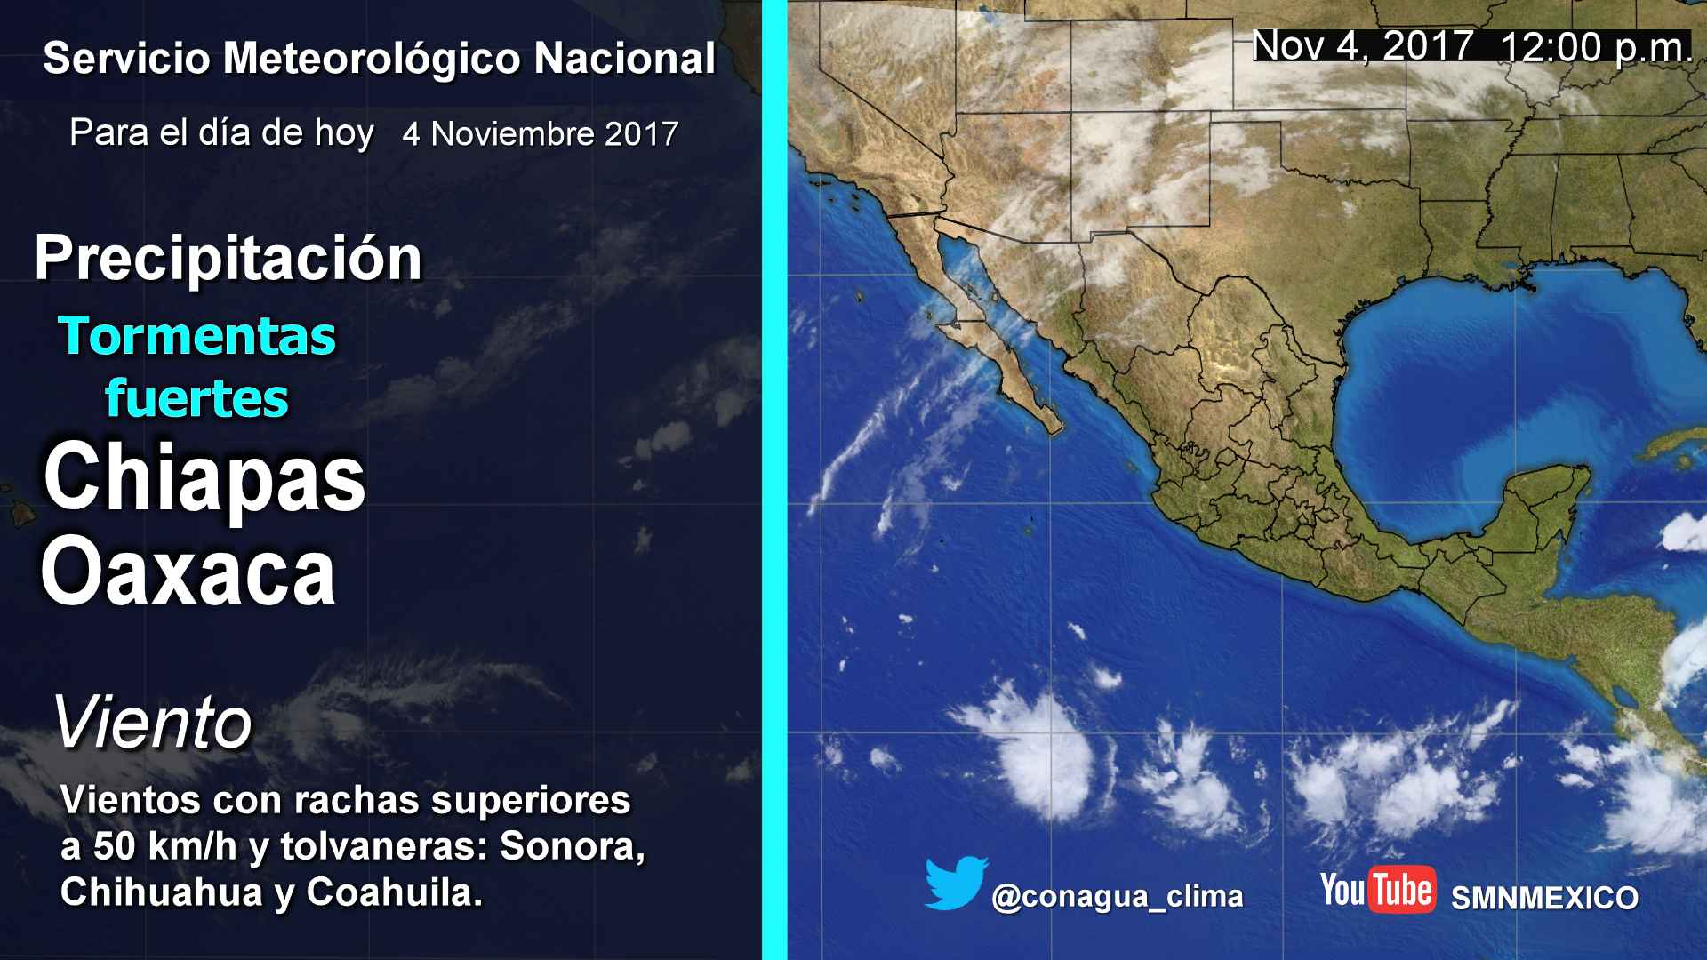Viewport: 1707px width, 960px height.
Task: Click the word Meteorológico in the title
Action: click(371, 59)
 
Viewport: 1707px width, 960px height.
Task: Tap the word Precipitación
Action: click(228, 259)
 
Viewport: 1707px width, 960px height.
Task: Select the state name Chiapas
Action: click(204, 479)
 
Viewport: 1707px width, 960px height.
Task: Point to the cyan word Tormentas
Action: click(197, 336)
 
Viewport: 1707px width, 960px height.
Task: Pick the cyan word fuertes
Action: click(197, 397)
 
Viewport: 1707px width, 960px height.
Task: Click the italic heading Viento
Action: click(153, 723)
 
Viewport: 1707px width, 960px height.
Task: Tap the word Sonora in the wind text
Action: click(572, 847)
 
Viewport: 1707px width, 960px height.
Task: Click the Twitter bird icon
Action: click(956, 884)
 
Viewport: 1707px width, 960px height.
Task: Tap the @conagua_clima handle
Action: click(1118, 897)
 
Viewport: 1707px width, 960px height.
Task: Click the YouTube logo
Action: click(1377, 889)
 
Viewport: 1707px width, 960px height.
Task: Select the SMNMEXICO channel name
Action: click(1544, 898)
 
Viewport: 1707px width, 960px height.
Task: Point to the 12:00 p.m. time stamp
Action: click(1596, 47)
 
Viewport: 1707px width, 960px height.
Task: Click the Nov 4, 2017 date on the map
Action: click(1362, 46)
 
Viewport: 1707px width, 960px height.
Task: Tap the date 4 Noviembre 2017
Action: click(541, 134)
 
